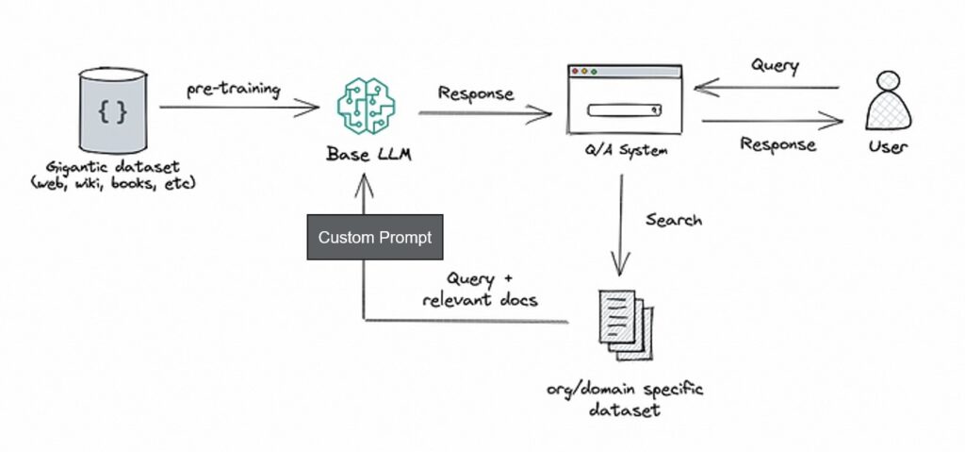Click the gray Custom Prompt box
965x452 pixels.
click(x=374, y=237)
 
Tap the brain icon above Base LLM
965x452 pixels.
click(x=362, y=109)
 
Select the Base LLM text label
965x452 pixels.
click(x=363, y=153)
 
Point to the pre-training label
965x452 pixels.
click(x=233, y=90)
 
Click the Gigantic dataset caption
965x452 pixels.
click(x=112, y=173)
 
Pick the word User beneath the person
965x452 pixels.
click(x=890, y=148)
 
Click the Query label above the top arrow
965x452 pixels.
click(x=776, y=67)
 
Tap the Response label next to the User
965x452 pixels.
click(x=777, y=144)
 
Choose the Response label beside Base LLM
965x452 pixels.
click(x=476, y=94)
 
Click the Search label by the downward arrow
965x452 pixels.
click(x=673, y=220)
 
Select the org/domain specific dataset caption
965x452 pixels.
click(x=624, y=400)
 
